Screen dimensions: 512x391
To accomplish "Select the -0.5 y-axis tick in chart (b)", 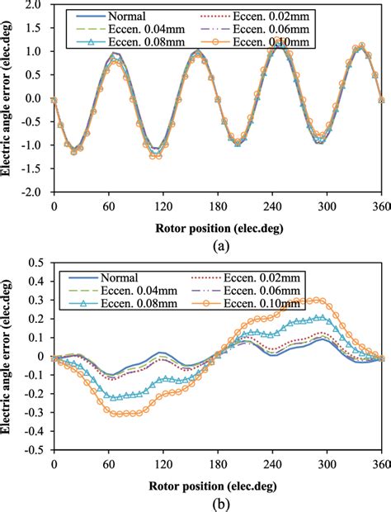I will (x=32, y=451).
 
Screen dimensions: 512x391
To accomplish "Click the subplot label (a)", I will (x=217, y=245).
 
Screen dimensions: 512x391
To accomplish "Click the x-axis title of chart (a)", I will (x=217, y=226).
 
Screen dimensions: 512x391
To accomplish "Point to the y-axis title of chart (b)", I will (x=9, y=356).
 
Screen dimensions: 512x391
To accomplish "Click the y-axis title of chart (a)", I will (x=9, y=97).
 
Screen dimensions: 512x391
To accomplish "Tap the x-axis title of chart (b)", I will (x=217, y=484).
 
